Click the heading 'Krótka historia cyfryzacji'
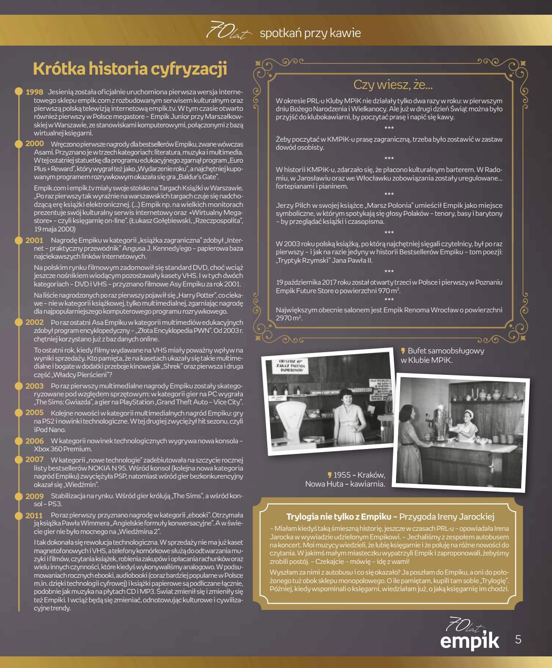coord(130,69)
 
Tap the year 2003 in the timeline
coord(34,386)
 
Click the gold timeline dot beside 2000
coord(18,144)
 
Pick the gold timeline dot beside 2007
coord(18,460)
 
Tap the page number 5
coord(518,639)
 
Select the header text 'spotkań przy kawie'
coord(310,33)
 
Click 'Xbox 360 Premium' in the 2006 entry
coord(63,449)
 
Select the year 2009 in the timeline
coord(34,496)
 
